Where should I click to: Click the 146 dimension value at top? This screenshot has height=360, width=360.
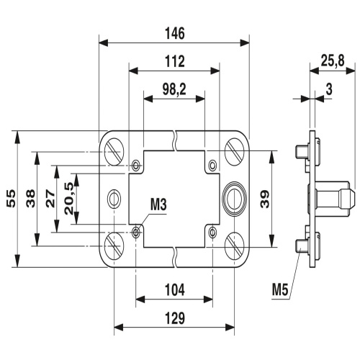click(174, 33)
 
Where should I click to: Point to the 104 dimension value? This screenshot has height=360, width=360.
click(174, 290)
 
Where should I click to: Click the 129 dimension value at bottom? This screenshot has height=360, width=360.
click(174, 318)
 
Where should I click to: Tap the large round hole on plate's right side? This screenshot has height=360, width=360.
click(234, 197)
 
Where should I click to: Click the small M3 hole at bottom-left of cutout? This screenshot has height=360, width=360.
click(137, 232)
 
